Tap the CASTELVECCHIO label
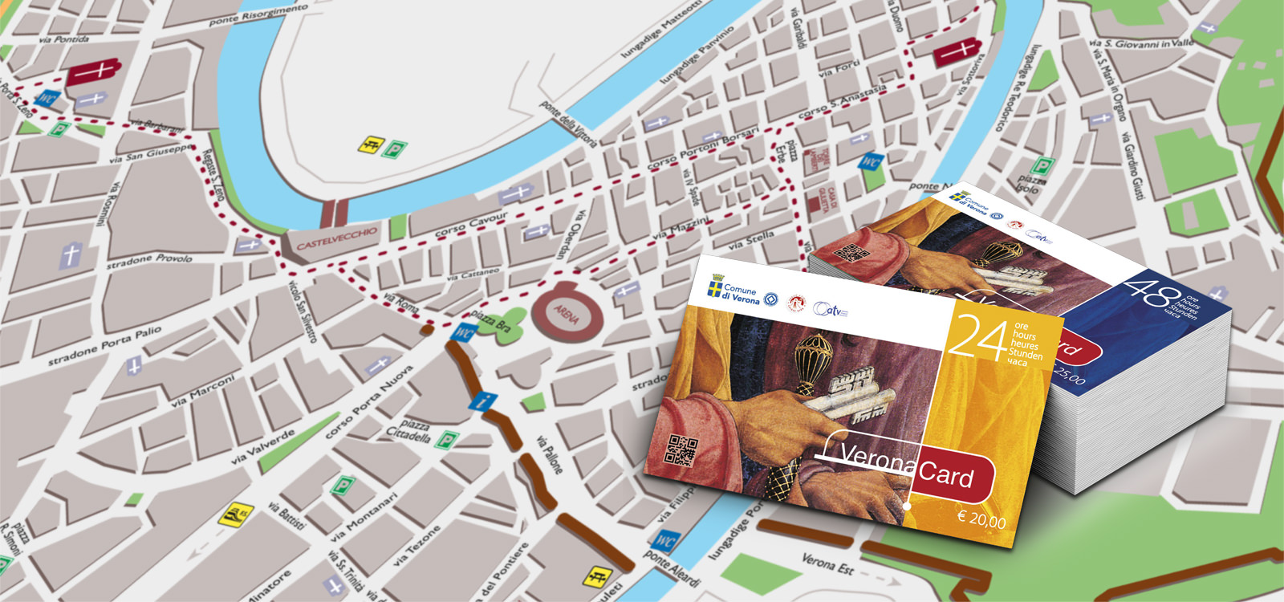(x=336, y=238)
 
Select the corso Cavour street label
(x=471, y=225)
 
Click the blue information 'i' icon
(x=481, y=401)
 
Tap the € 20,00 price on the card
(x=981, y=519)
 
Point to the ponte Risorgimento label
(x=258, y=14)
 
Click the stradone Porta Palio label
(x=104, y=346)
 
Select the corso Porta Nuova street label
(x=368, y=401)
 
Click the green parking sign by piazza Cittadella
(x=447, y=439)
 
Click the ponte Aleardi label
(x=672, y=569)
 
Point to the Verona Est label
(x=827, y=565)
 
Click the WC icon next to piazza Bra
(x=464, y=332)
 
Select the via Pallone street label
(x=549, y=454)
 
